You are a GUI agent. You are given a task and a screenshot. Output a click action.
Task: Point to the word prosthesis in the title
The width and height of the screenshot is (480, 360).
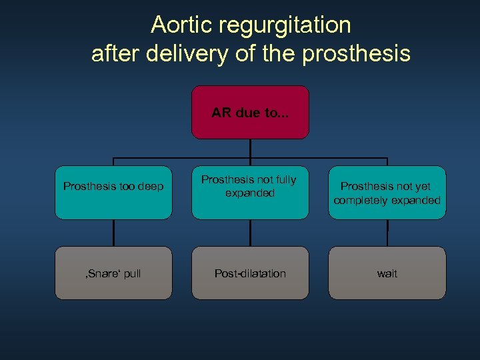356,53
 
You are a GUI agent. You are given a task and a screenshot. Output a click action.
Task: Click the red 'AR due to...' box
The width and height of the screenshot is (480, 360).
250,112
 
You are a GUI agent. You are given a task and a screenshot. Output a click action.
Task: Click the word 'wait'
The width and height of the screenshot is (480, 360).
387,274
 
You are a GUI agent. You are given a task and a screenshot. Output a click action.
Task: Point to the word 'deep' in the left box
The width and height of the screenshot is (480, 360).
151,187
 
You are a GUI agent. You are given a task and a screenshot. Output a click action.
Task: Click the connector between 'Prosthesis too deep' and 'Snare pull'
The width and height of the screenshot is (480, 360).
113,233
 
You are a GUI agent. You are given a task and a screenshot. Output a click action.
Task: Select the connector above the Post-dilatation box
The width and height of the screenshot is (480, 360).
250,233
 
